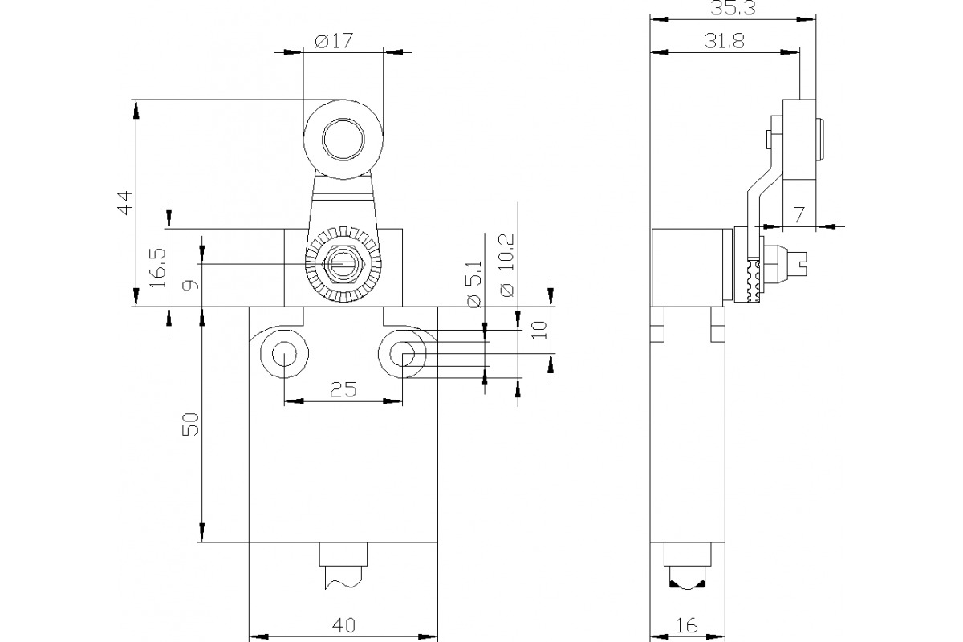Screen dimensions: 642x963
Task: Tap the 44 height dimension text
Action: click(x=122, y=203)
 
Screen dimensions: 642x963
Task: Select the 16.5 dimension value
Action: click(x=157, y=267)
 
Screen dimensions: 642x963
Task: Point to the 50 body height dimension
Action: click(x=189, y=425)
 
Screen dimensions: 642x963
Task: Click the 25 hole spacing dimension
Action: click(x=343, y=389)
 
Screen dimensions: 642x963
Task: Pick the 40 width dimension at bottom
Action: click(x=343, y=624)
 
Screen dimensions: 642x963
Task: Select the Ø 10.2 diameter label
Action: click(x=506, y=266)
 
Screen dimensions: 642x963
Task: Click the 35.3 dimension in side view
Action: click(x=731, y=8)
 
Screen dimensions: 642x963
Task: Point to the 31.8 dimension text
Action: click(x=724, y=42)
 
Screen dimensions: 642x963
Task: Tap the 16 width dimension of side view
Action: click(x=687, y=624)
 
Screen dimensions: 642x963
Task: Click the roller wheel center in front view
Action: click(x=343, y=140)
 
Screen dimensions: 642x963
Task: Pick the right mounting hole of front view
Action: click(x=403, y=353)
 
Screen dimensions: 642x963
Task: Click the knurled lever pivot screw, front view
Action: click(x=343, y=264)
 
